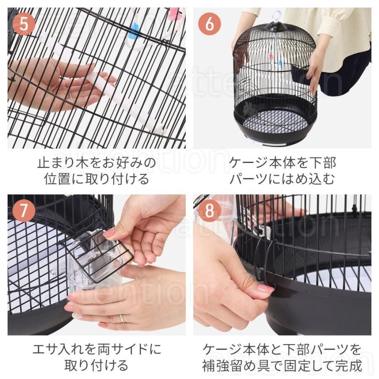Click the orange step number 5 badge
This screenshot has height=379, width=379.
pyautogui.click(x=24, y=24)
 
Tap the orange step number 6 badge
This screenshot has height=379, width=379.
pyautogui.click(x=209, y=24)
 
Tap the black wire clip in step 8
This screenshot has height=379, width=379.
pyautogui.click(x=265, y=260)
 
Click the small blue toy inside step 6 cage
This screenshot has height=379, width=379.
pyautogui.click(x=280, y=63)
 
